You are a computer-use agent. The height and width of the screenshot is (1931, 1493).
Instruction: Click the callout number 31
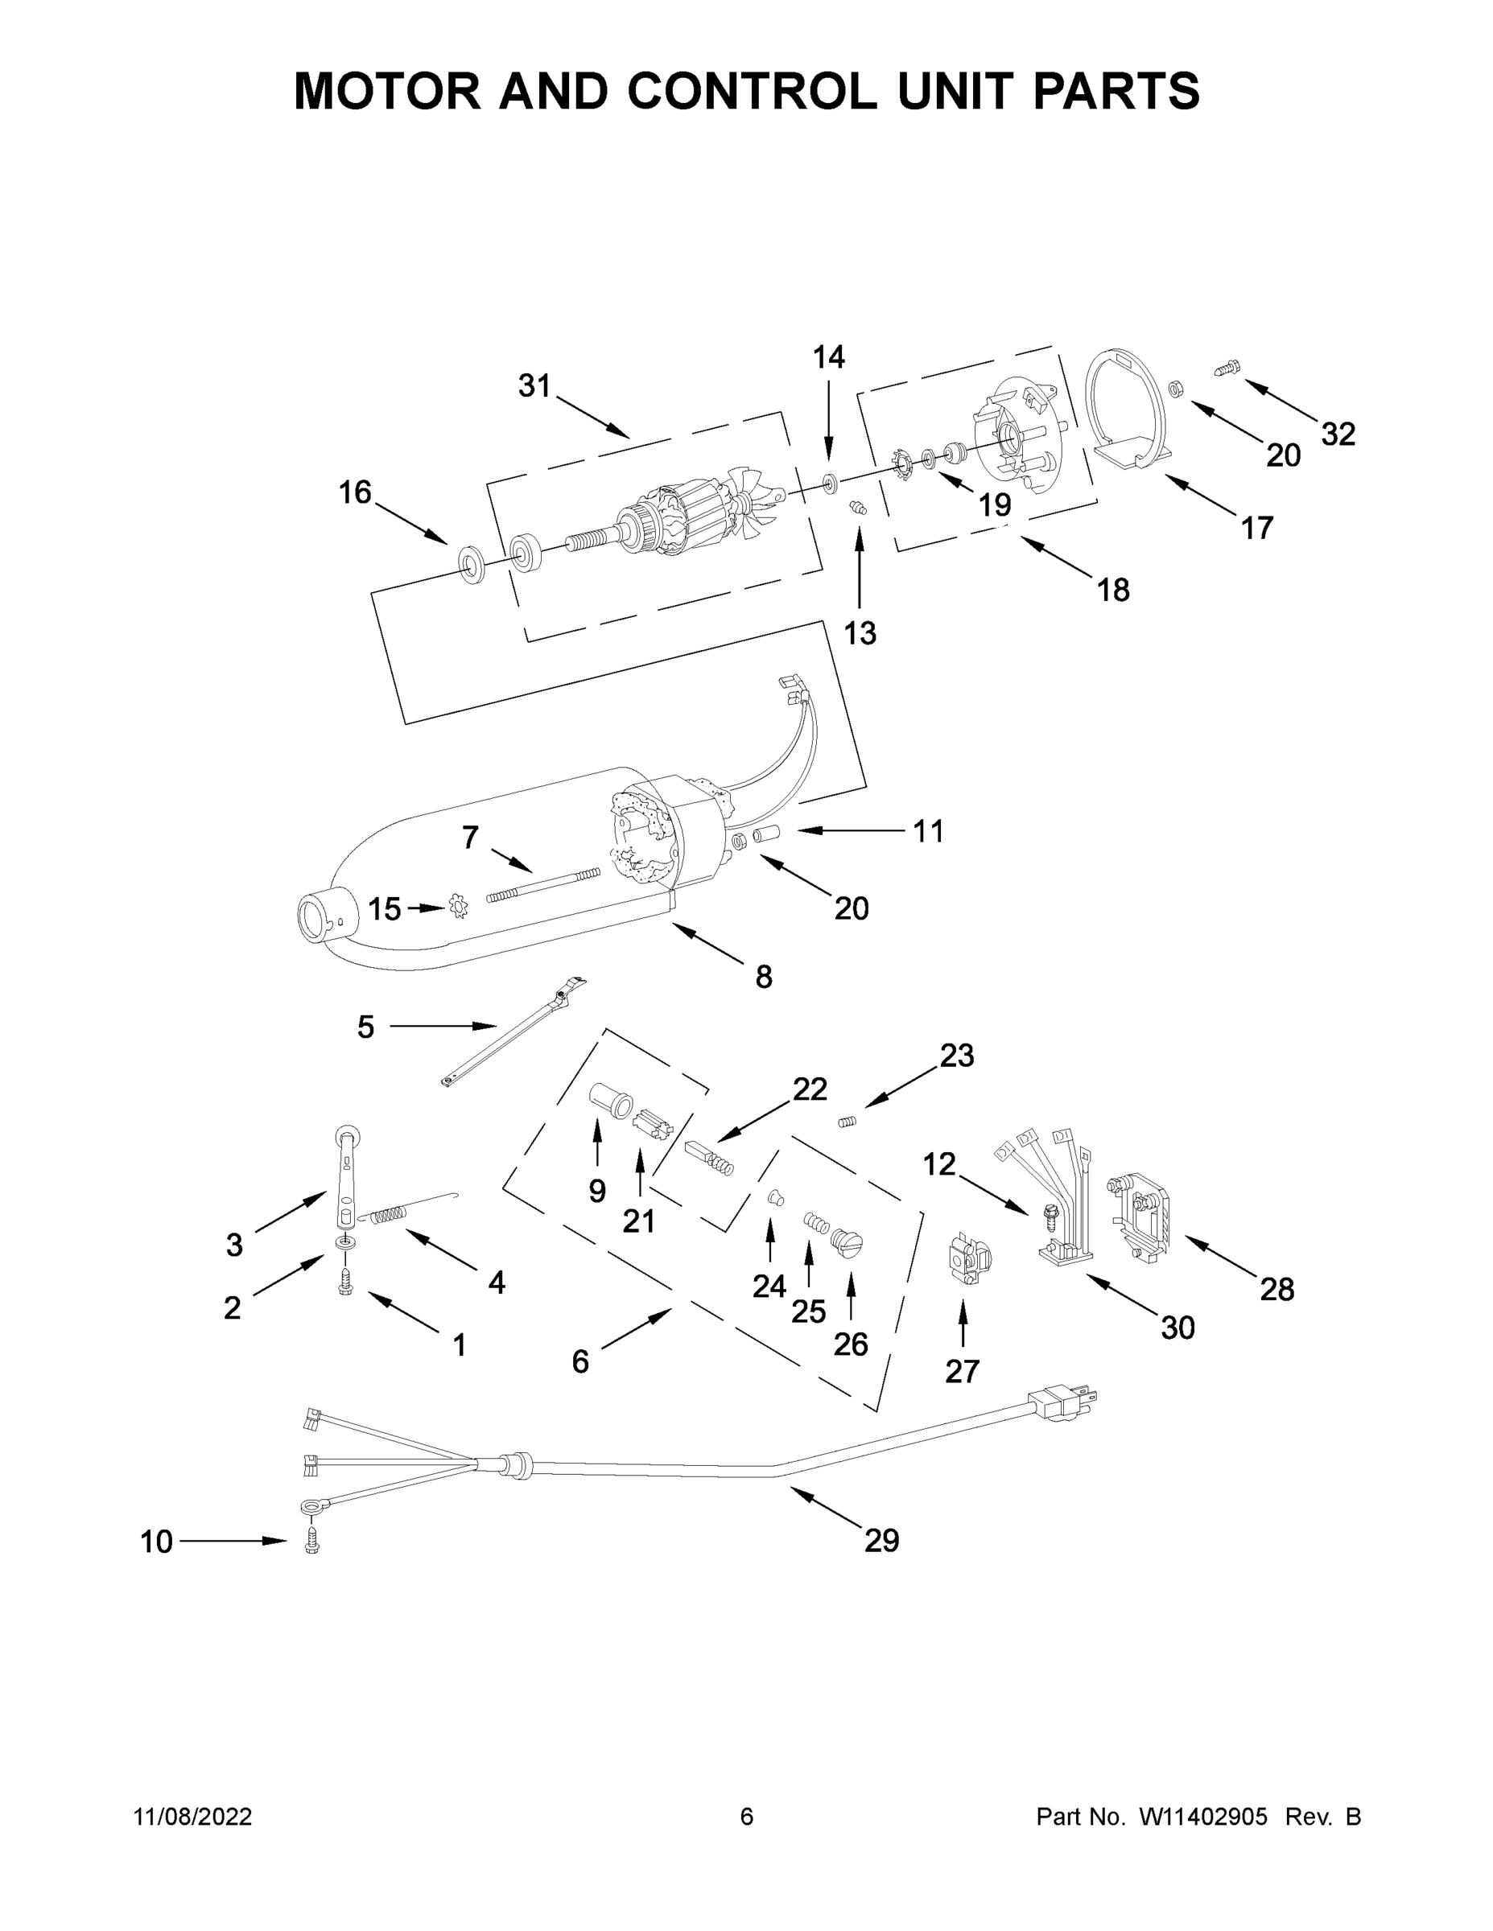534,386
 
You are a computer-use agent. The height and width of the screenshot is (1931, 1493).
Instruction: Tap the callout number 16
355,492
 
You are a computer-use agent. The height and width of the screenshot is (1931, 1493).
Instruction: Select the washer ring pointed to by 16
471,564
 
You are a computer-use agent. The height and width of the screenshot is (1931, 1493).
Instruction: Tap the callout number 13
859,633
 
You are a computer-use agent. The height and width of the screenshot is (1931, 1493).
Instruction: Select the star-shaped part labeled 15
457,906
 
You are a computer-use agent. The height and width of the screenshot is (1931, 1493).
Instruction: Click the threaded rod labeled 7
542,885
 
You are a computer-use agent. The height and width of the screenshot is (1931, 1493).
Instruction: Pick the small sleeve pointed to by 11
763,834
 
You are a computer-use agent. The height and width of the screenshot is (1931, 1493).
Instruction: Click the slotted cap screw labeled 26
848,1242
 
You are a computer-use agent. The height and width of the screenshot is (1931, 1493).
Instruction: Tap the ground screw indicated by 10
311,1542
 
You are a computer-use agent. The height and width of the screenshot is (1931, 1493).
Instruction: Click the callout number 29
881,1541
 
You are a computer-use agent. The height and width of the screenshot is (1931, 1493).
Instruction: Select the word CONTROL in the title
753,91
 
